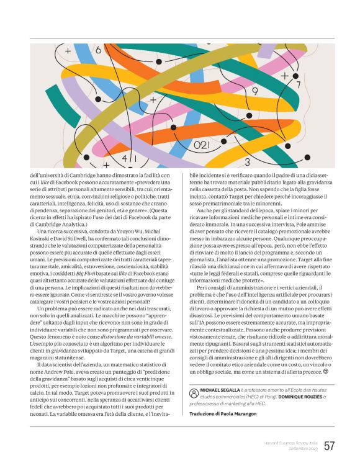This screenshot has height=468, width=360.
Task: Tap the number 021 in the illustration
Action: pos(202,145)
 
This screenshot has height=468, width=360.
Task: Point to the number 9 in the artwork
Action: pos(254,91)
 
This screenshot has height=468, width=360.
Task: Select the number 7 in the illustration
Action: pos(298,84)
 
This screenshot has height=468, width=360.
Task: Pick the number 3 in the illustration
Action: pos(247,163)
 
